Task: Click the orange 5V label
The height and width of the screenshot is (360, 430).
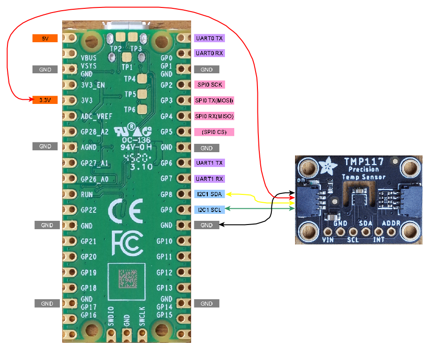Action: pos(45,39)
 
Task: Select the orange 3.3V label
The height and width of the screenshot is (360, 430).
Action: pos(45,100)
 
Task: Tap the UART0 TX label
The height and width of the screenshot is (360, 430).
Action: pos(210,39)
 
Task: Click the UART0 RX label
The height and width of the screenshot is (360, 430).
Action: pos(210,53)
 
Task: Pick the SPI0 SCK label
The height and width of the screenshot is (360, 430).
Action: pos(210,85)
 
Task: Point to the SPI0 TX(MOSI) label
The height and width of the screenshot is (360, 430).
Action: pos(214,101)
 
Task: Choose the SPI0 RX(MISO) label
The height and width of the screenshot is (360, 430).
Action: pos(214,116)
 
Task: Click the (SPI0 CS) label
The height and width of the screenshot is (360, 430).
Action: pos(214,132)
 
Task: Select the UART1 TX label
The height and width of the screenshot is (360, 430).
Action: pos(210,163)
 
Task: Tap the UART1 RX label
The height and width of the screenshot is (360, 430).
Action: pos(210,179)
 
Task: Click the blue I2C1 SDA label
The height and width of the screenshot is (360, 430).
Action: pos(210,194)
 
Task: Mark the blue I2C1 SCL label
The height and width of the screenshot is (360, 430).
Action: pos(210,210)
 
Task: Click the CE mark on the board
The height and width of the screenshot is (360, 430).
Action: pos(125,212)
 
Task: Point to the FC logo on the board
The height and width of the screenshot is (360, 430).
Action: pos(127,242)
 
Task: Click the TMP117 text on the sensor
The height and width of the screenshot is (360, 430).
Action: pos(364,162)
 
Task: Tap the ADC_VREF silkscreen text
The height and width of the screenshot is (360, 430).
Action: pos(96,116)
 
